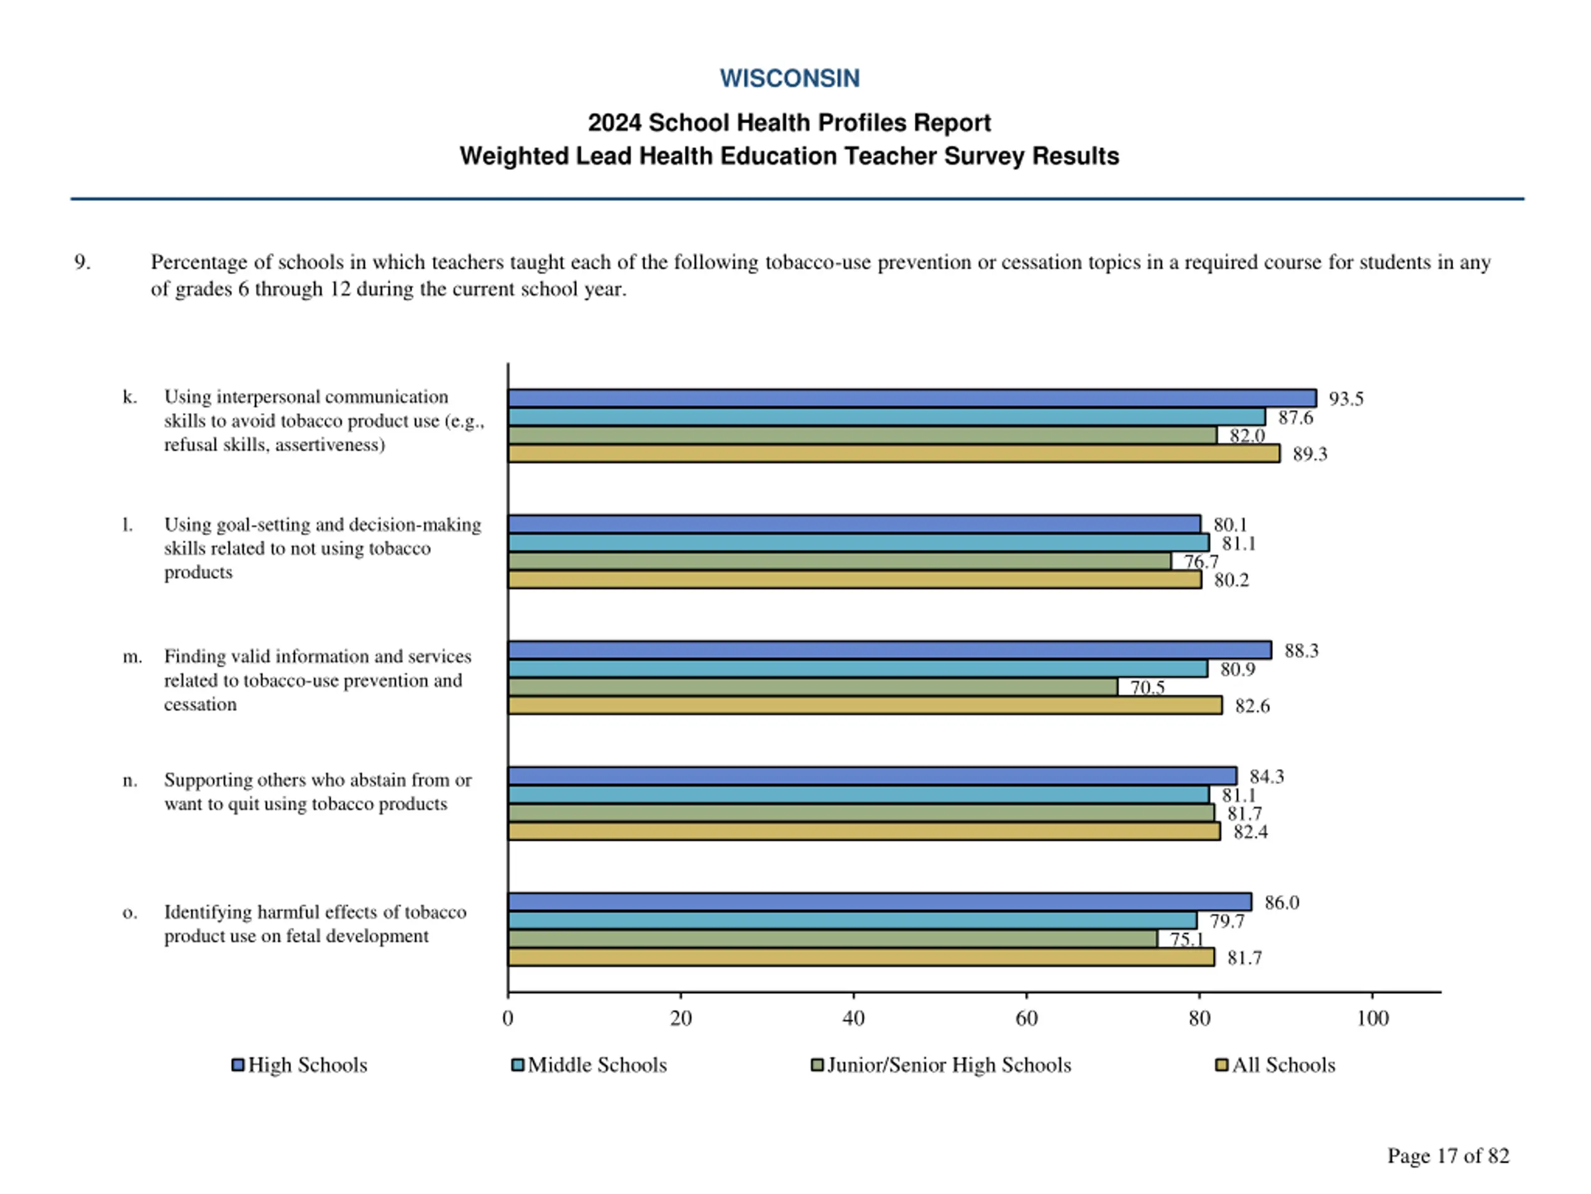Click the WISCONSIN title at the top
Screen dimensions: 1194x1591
pyautogui.click(x=789, y=78)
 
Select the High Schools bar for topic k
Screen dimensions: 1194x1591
pyautogui.click(x=911, y=398)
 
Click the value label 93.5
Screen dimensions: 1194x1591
pyautogui.click(x=1346, y=399)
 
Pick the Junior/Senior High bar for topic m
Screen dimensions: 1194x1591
pyautogui.click(x=812, y=687)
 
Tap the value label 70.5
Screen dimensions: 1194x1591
pyautogui.click(x=1147, y=688)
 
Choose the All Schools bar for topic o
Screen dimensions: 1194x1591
pyautogui.click(x=860, y=957)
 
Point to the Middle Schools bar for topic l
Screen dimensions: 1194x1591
pyautogui.click(x=858, y=543)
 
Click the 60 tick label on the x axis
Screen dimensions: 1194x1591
pyautogui.click(x=1027, y=1019)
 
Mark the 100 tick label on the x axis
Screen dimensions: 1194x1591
pyautogui.click(x=1372, y=1019)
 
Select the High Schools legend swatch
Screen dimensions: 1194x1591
pyautogui.click(x=237, y=1065)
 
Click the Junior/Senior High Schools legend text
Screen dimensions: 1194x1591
pyautogui.click(x=949, y=1065)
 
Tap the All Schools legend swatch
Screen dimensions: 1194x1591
pyautogui.click(x=1221, y=1065)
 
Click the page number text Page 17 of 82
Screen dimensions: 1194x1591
pyautogui.click(x=1448, y=1156)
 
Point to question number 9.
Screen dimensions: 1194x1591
pyautogui.click(x=82, y=262)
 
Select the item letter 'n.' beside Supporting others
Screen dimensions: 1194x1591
pyautogui.click(x=129, y=780)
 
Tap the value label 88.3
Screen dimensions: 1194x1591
pyautogui.click(x=1301, y=651)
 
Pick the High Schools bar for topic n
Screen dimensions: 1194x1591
pyautogui.click(x=872, y=776)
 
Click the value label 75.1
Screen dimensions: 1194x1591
pyautogui.click(x=1186, y=939)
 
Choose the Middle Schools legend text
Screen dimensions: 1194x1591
pyautogui.click(x=597, y=1065)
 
